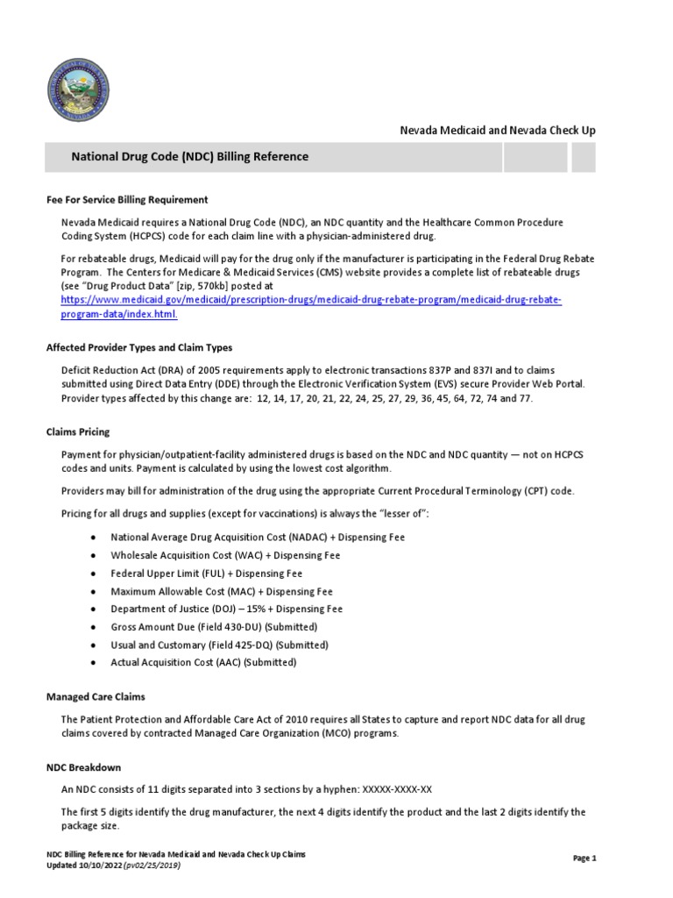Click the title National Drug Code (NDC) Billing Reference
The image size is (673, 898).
(x=189, y=157)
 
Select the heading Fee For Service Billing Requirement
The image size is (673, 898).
(x=127, y=200)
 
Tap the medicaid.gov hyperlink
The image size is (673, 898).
(x=311, y=307)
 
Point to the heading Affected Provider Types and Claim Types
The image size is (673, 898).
(x=138, y=347)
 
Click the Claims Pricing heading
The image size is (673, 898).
(x=78, y=432)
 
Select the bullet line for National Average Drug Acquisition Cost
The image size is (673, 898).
(x=258, y=537)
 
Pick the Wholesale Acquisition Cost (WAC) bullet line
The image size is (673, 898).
(x=225, y=555)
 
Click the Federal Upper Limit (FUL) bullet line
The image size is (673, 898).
(x=206, y=573)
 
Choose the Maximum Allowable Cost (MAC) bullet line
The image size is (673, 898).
(x=222, y=591)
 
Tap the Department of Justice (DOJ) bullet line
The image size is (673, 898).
(x=226, y=609)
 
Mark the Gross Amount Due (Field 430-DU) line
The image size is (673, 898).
(x=214, y=627)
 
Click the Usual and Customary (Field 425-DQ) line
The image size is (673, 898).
(x=219, y=645)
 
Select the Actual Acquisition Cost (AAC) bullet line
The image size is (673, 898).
(x=203, y=662)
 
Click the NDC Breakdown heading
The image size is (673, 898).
(x=83, y=767)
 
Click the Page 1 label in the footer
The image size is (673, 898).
(x=584, y=859)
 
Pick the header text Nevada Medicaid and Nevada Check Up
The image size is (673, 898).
(x=498, y=130)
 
